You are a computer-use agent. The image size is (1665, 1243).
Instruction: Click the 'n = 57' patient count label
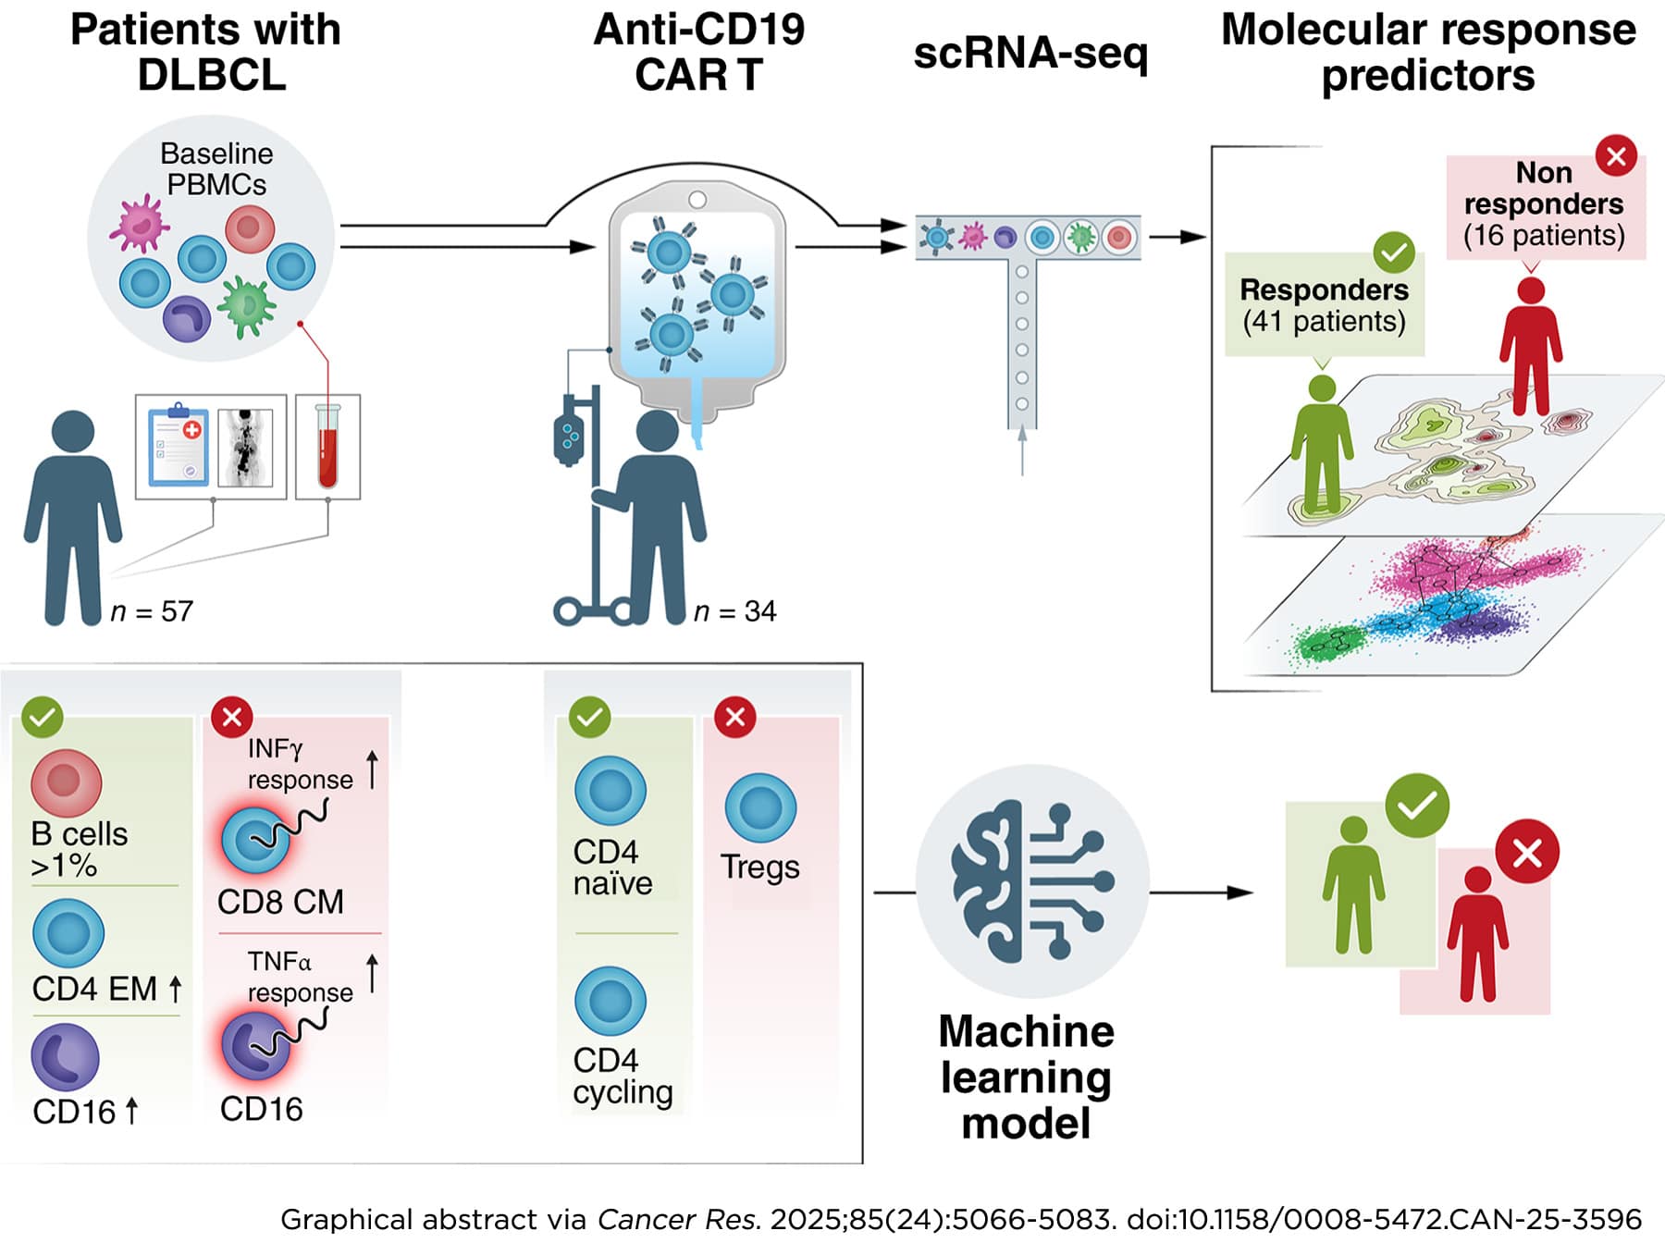coord(152,611)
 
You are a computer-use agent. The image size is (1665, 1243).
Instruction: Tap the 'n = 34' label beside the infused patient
coord(735,611)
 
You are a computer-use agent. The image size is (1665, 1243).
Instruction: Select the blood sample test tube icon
coord(327,446)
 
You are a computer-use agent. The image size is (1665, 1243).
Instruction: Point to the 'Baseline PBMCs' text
coord(216,168)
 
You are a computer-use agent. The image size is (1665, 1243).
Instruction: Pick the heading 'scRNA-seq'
coord(1030,53)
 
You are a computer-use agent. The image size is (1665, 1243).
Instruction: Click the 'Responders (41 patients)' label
coord(1324,305)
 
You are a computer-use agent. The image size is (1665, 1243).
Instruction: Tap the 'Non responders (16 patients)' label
coord(1544,204)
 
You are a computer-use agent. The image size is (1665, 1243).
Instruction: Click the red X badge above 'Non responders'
coord(1616,155)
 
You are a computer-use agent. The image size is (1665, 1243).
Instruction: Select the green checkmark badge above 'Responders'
coord(1394,252)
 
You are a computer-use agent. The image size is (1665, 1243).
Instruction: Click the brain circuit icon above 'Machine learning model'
coord(1031,880)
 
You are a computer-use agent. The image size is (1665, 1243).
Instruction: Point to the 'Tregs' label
coord(759,867)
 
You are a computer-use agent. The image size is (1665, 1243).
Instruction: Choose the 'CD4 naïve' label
coord(612,868)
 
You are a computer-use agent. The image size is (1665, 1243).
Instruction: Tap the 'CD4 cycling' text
coord(622,1076)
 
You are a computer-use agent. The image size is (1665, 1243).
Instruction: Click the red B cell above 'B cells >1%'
coord(66,781)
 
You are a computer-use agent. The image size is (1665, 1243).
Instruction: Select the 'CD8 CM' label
coord(280,902)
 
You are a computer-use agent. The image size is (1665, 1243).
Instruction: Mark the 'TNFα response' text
coord(300,977)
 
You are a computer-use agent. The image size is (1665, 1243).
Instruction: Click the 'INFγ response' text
coord(300,764)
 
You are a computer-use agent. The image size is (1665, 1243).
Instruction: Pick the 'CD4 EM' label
coord(94,989)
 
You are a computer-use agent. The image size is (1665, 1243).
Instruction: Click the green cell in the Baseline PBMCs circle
coord(246,306)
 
